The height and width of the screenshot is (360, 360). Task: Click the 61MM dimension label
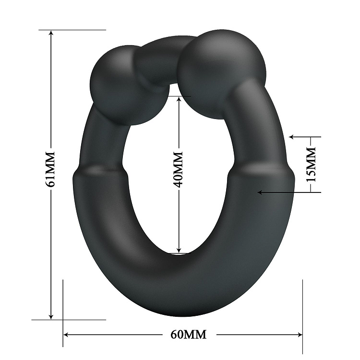point(50,169)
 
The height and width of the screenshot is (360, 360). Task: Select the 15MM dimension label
point(312,165)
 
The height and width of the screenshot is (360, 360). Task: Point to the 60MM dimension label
point(188,335)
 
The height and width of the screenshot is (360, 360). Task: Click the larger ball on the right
point(222,74)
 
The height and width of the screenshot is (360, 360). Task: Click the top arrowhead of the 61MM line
point(51,32)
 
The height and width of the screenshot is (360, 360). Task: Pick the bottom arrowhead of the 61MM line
point(51,317)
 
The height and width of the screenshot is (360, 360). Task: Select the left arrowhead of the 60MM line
point(66,335)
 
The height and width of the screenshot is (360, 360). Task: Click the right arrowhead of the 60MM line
point(300,335)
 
